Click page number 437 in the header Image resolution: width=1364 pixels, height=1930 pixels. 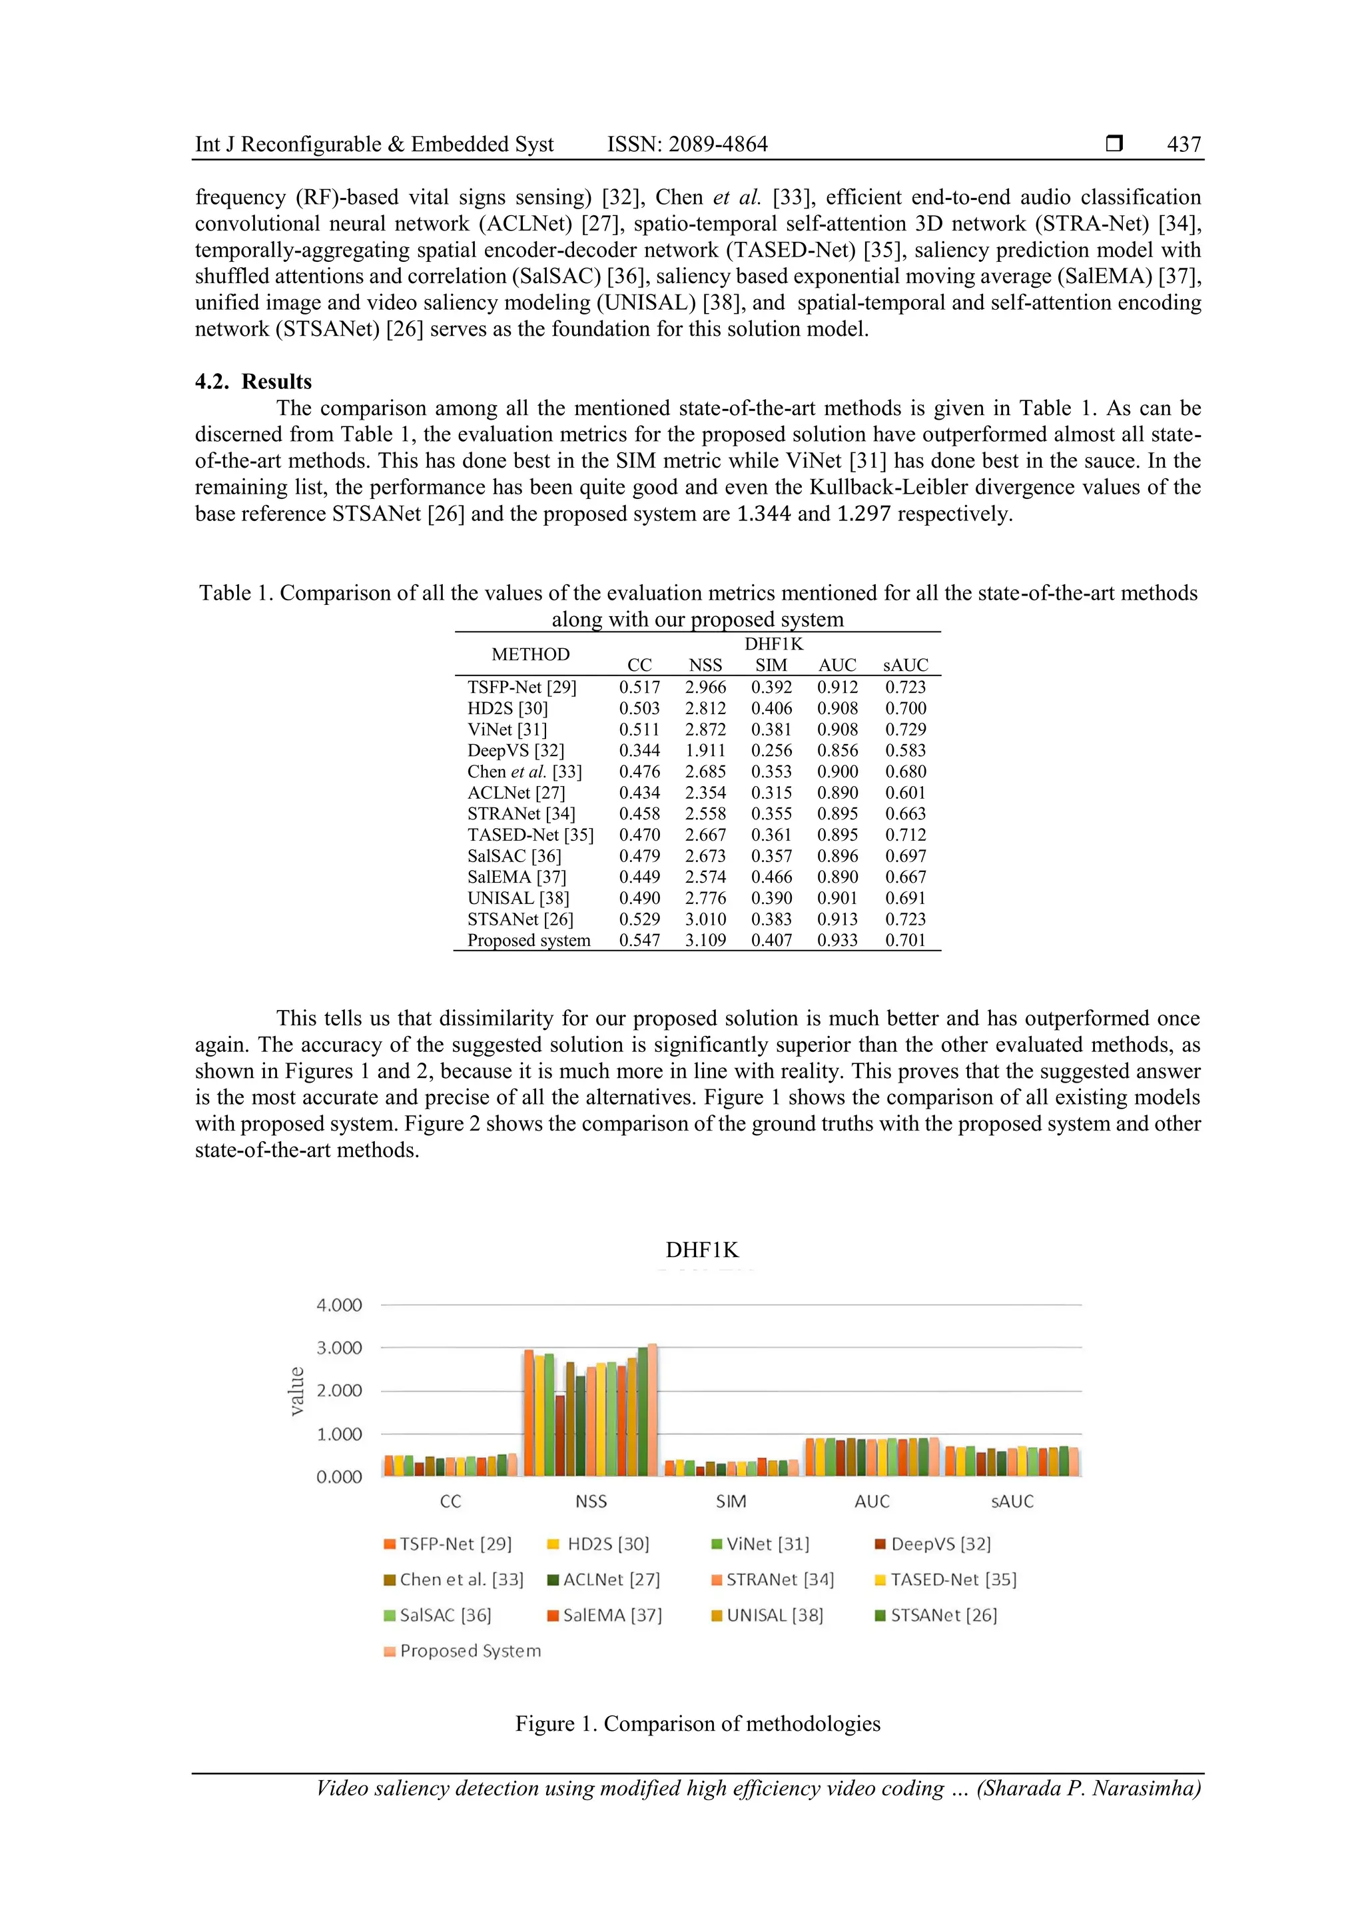[x=1184, y=145]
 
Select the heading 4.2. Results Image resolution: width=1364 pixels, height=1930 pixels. [x=253, y=382]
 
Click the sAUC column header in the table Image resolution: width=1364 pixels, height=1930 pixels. [x=904, y=665]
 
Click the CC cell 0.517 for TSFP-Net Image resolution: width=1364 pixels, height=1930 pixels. [x=639, y=687]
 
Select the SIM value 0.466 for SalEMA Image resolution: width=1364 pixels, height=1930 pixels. [x=771, y=877]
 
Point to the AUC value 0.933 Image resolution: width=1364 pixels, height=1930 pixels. [x=837, y=940]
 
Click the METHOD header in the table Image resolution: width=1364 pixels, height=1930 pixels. [x=530, y=654]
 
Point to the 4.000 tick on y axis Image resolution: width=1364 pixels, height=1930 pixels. [x=339, y=1306]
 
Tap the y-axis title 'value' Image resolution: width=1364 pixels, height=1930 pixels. [x=296, y=1391]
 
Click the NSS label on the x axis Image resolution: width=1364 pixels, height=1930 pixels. [x=591, y=1502]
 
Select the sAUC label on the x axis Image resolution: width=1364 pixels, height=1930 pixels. [x=1012, y=1502]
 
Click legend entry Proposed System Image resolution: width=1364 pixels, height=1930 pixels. [x=462, y=1651]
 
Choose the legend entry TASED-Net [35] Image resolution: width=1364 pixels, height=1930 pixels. [x=946, y=1580]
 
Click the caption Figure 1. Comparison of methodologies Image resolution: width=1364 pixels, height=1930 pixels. [x=697, y=1724]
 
